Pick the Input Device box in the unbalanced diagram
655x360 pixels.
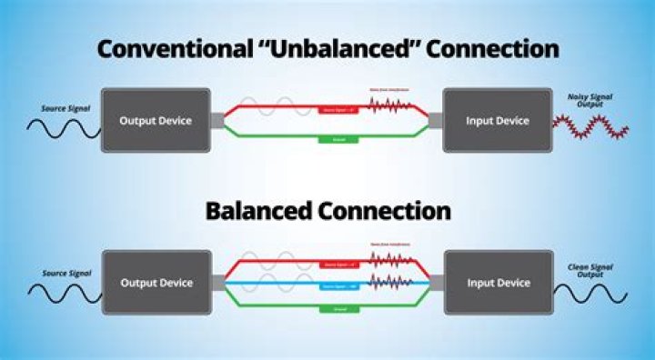click(498, 120)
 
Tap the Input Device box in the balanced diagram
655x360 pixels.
click(498, 283)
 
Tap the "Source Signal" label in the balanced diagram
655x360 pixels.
click(65, 273)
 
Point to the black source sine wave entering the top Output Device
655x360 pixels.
click(60, 129)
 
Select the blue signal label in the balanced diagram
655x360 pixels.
click(338, 284)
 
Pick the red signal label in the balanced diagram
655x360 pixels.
click(338, 265)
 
